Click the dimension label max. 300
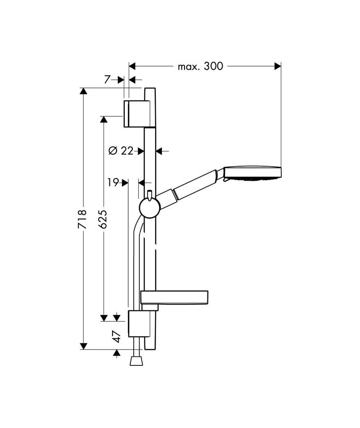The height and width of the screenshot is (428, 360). pos(200,66)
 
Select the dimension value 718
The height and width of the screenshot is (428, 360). pos(82,219)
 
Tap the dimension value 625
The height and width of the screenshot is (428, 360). pos(103,219)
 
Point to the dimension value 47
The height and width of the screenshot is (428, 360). pos(117,337)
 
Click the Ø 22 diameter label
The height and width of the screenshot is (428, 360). pos(121,150)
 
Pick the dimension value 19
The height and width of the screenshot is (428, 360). pos(113,182)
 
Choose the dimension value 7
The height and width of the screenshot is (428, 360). pos(107,80)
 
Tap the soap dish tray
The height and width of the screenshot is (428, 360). pos(174,297)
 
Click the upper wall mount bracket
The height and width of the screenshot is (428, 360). pos(137,114)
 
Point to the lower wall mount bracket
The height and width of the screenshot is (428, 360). pos(139,324)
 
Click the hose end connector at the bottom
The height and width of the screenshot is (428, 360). pos(136,361)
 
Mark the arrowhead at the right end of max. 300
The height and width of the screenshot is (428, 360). pos(278,66)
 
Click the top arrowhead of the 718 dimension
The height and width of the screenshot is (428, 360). pos(84,91)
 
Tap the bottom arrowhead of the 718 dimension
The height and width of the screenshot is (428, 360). pos(84,346)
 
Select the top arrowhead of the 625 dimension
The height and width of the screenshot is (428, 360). pos(103,119)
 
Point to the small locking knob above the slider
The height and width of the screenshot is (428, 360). pos(149,196)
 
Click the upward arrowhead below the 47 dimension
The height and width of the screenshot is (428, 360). pos(117,354)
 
